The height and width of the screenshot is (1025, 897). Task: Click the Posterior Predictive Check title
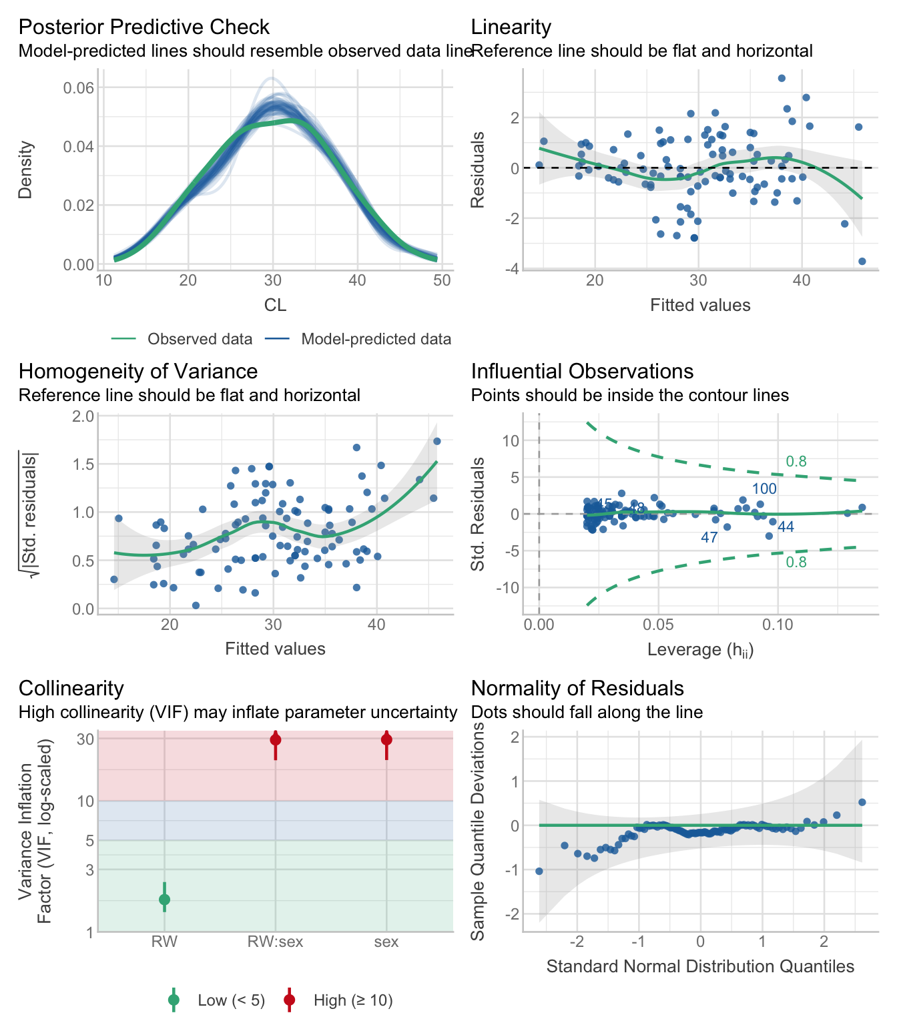pyautogui.click(x=143, y=27)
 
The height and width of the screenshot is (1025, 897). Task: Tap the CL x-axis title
pyautogui.click(x=275, y=305)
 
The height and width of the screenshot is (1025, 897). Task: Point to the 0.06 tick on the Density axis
pyautogui.click(x=78, y=88)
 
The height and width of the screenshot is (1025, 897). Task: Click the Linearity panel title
pyautogui.click(x=511, y=27)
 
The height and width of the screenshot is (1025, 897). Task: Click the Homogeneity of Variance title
pyautogui.click(x=137, y=371)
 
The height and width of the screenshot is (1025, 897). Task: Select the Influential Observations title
pyautogui.click(x=582, y=371)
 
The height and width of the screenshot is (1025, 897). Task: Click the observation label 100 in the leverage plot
pyautogui.click(x=764, y=489)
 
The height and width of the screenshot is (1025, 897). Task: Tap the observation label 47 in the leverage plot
pyautogui.click(x=709, y=538)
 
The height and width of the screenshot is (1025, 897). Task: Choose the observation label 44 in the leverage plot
pyautogui.click(x=786, y=527)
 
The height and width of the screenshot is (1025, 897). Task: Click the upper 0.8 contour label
pyautogui.click(x=796, y=461)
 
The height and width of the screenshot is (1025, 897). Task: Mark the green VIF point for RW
pyautogui.click(x=164, y=900)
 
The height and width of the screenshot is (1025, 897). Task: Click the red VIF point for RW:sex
pyautogui.click(x=276, y=739)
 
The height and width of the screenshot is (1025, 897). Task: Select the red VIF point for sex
pyautogui.click(x=386, y=739)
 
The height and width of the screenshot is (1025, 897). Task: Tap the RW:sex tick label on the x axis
pyautogui.click(x=275, y=942)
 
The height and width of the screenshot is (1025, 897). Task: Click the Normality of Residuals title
pyautogui.click(x=577, y=688)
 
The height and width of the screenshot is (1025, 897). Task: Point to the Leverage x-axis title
pyautogui.click(x=700, y=649)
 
